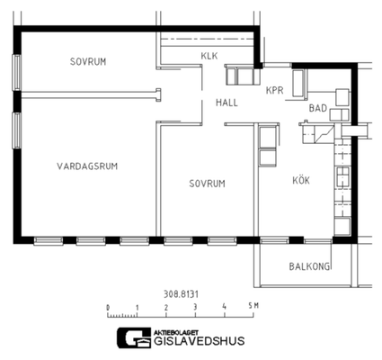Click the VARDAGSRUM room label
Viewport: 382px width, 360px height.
(x=87, y=166)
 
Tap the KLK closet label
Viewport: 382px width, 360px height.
(x=209, y=56)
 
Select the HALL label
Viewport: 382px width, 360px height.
(x=227, y=103)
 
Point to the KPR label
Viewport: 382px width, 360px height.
(x=274, y=91)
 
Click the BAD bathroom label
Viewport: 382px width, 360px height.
(x=318, y=108)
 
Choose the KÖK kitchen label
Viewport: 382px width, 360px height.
(x=301, y=180)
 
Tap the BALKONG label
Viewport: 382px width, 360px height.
(x=309, y=266)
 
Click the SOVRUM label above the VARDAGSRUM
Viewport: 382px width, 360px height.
(x=88, y=61)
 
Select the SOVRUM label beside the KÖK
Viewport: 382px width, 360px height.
(x=207, y=184)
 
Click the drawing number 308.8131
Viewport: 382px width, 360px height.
(x=181, y=294)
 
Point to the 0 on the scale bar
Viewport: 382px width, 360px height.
(x=108, y=308)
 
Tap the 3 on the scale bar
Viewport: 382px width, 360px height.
(x=195, y=307)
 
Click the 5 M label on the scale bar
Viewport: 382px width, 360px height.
(x=253, y=306)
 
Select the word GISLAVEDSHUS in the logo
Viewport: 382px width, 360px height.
(x=199, y=341)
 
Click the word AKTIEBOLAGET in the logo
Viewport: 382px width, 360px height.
(x=176, y=333)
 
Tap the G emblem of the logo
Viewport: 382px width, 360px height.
(x=134, y=337)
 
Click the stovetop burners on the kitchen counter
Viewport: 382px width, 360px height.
(x=342, y=177)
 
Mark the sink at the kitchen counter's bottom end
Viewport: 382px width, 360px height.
(x=342, y=227)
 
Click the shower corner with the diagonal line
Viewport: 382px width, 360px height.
(x=324, y=133)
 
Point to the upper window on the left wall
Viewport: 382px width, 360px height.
(x=17, y=72)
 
